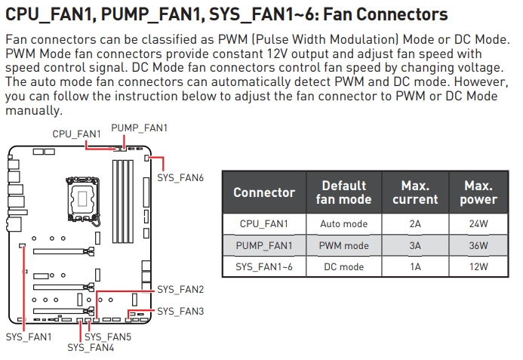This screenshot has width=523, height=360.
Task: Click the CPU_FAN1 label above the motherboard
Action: (76, 134)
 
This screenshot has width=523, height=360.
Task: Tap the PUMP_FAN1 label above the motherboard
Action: (139, 128)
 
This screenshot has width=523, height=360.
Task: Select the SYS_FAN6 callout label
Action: (180, 177)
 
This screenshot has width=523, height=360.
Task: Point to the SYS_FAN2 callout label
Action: (180, 289)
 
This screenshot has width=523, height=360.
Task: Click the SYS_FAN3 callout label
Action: (180, 311)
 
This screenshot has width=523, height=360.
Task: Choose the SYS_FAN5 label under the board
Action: (108, 337)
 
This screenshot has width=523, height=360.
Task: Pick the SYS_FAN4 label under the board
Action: (91, 347)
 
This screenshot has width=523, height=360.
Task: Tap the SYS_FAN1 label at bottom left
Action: (29, 337)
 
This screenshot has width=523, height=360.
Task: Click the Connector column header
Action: (264, 192)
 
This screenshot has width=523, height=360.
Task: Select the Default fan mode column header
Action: (343, 192)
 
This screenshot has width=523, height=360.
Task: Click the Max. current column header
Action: (415, 192)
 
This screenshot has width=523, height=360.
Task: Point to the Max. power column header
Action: (478, 192)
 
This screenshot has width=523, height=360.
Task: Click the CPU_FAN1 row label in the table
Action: (264, 224)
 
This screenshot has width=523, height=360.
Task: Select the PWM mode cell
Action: (343, 245)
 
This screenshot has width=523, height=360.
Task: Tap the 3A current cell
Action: (415, 245)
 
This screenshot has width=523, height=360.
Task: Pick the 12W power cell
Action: (478, 266)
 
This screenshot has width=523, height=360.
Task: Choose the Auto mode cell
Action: (343, 224)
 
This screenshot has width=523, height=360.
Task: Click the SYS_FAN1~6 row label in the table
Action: (264, 266)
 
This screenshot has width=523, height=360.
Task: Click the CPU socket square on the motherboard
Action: (81, 194)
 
